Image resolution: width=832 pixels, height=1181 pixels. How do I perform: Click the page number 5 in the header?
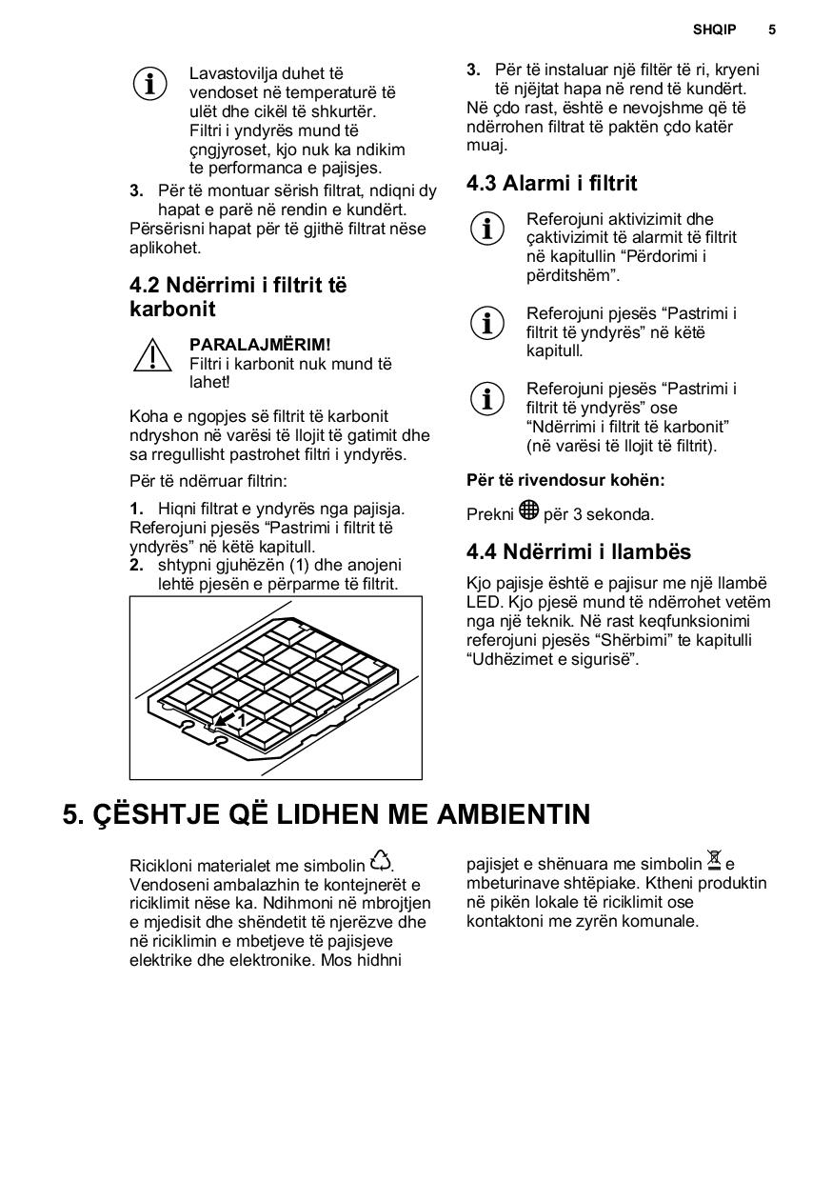(772, 30)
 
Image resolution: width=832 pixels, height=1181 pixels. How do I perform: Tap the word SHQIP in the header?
(714, 30)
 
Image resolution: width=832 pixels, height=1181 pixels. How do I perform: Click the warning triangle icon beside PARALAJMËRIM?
(151, 355)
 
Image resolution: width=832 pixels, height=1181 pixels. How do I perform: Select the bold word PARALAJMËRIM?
(260, 344)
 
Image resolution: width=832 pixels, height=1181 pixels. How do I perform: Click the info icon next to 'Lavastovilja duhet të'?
(150, 84)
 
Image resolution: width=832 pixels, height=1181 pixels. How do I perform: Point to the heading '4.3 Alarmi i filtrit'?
(551, 183)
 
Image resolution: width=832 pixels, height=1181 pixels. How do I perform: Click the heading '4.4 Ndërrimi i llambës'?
(578, 551)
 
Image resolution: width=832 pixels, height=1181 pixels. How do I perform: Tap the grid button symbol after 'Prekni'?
(529, 511)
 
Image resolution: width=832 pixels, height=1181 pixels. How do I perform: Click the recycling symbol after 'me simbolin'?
(381, 861)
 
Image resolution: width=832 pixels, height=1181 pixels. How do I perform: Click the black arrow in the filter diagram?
(224, 721)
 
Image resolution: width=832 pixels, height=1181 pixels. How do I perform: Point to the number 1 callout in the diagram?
(242, 720)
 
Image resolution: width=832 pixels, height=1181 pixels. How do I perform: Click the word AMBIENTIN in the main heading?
(513, 814)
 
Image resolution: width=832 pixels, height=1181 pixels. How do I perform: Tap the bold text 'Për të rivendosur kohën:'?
(565, 480)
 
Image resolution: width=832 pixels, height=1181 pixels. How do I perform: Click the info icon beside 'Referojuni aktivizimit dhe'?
(487, 229)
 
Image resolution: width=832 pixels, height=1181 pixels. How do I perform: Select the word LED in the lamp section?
(483, 602)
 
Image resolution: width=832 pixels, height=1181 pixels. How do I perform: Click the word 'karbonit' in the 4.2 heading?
(172, 309)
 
